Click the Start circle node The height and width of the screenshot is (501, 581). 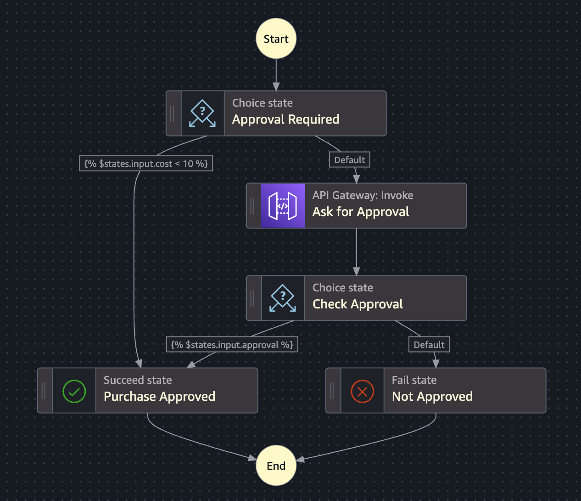pos(276,39)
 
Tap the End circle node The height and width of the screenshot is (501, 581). pos(276,466)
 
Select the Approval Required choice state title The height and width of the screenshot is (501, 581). pos(285,120)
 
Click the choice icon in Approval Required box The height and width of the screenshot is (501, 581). pos(202,114)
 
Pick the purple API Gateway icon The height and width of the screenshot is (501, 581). pos(283,206)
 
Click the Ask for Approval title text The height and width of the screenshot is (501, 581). pos(361,212)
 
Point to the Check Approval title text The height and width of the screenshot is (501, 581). pos(358,304)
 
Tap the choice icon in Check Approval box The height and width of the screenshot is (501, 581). pos(283,298)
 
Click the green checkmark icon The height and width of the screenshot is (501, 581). pos(74,391)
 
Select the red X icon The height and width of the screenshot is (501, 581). pos(362,391)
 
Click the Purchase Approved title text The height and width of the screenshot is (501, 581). pos(159,397)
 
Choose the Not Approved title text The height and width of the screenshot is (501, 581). pos(432,397)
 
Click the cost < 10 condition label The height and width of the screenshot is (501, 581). pos(146,164)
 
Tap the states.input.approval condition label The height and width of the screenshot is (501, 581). pos(232,345)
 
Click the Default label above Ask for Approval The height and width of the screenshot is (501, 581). pos(349,160)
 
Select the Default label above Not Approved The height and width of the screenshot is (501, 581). pos(429,345)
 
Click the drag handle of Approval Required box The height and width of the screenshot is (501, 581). pos(173,114)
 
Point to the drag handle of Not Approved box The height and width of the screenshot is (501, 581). pos(332,391)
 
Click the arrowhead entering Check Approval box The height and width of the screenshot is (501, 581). pos(357,272)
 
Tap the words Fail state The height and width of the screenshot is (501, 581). pos(414,380)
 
